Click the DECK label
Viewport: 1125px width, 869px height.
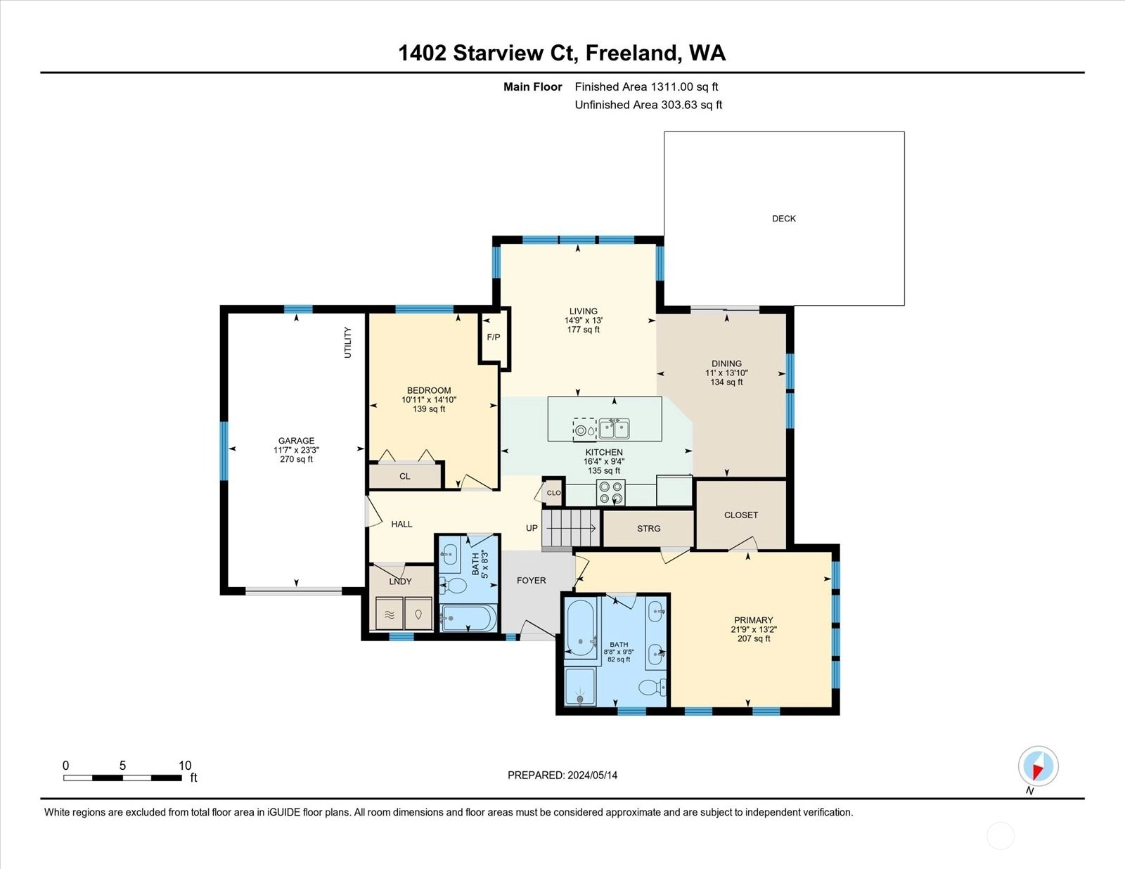click(784, 219)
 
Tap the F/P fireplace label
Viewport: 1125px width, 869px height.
click(494, 337)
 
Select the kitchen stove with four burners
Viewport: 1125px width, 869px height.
click(611, 492)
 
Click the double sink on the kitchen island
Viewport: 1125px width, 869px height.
click(615, 429)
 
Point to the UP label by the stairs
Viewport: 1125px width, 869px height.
click(532, 528)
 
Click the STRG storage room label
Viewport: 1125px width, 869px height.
click(649, 529)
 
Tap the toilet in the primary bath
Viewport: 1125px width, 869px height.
click(652, 688)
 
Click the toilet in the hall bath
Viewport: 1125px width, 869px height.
click(454, 586)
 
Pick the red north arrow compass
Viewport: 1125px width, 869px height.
click(1038, 766)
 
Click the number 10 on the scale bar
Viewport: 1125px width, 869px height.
click(185, 766)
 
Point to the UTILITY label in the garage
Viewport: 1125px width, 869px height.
click(347, 342)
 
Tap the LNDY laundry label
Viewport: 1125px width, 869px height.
click(400, 581)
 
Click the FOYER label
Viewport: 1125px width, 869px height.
click(531, 580)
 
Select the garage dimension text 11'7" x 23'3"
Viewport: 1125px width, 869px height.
click(296, 450)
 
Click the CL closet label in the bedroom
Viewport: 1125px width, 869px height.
click(405, 476)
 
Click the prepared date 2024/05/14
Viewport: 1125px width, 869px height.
click(592, 775)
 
